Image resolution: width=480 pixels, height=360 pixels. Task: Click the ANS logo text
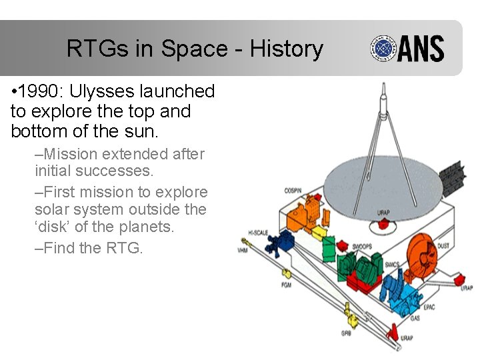[421, 49]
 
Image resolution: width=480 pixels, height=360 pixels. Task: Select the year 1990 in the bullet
[44, 91]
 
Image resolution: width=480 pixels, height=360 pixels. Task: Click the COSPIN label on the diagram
[293, 191]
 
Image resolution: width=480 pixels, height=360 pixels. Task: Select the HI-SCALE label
[259, 233]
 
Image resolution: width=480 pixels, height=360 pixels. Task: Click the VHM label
[243, 251]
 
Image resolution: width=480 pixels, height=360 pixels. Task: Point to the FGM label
[286, 285]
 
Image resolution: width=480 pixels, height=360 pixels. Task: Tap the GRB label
[346, 332]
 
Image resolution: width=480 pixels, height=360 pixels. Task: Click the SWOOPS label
[363, 246]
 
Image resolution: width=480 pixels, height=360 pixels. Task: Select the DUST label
[443, 246]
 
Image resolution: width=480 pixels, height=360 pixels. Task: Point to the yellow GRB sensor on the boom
[347, 310]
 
